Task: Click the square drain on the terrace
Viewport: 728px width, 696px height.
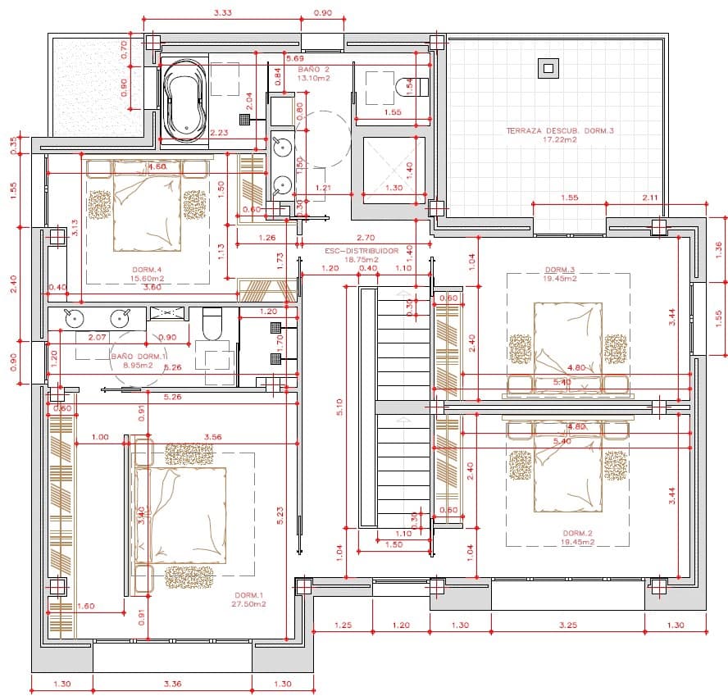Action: point(547,68)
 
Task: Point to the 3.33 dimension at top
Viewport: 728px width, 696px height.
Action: point(221,13)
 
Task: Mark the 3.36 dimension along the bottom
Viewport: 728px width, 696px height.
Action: point(172,683)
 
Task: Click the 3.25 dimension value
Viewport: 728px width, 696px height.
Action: point(567,625)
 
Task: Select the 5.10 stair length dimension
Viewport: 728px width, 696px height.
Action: point(338,407)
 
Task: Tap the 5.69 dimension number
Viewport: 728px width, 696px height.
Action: point(295,58)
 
